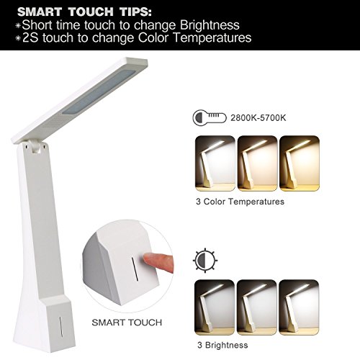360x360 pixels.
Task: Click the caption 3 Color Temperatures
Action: (240, 202)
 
